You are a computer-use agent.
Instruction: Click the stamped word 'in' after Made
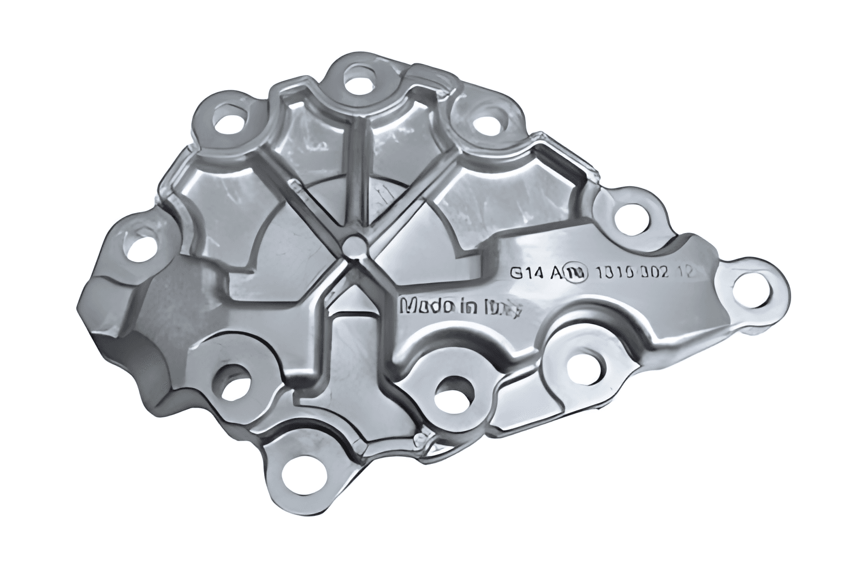pyautogui.click(x=467, y=307)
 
